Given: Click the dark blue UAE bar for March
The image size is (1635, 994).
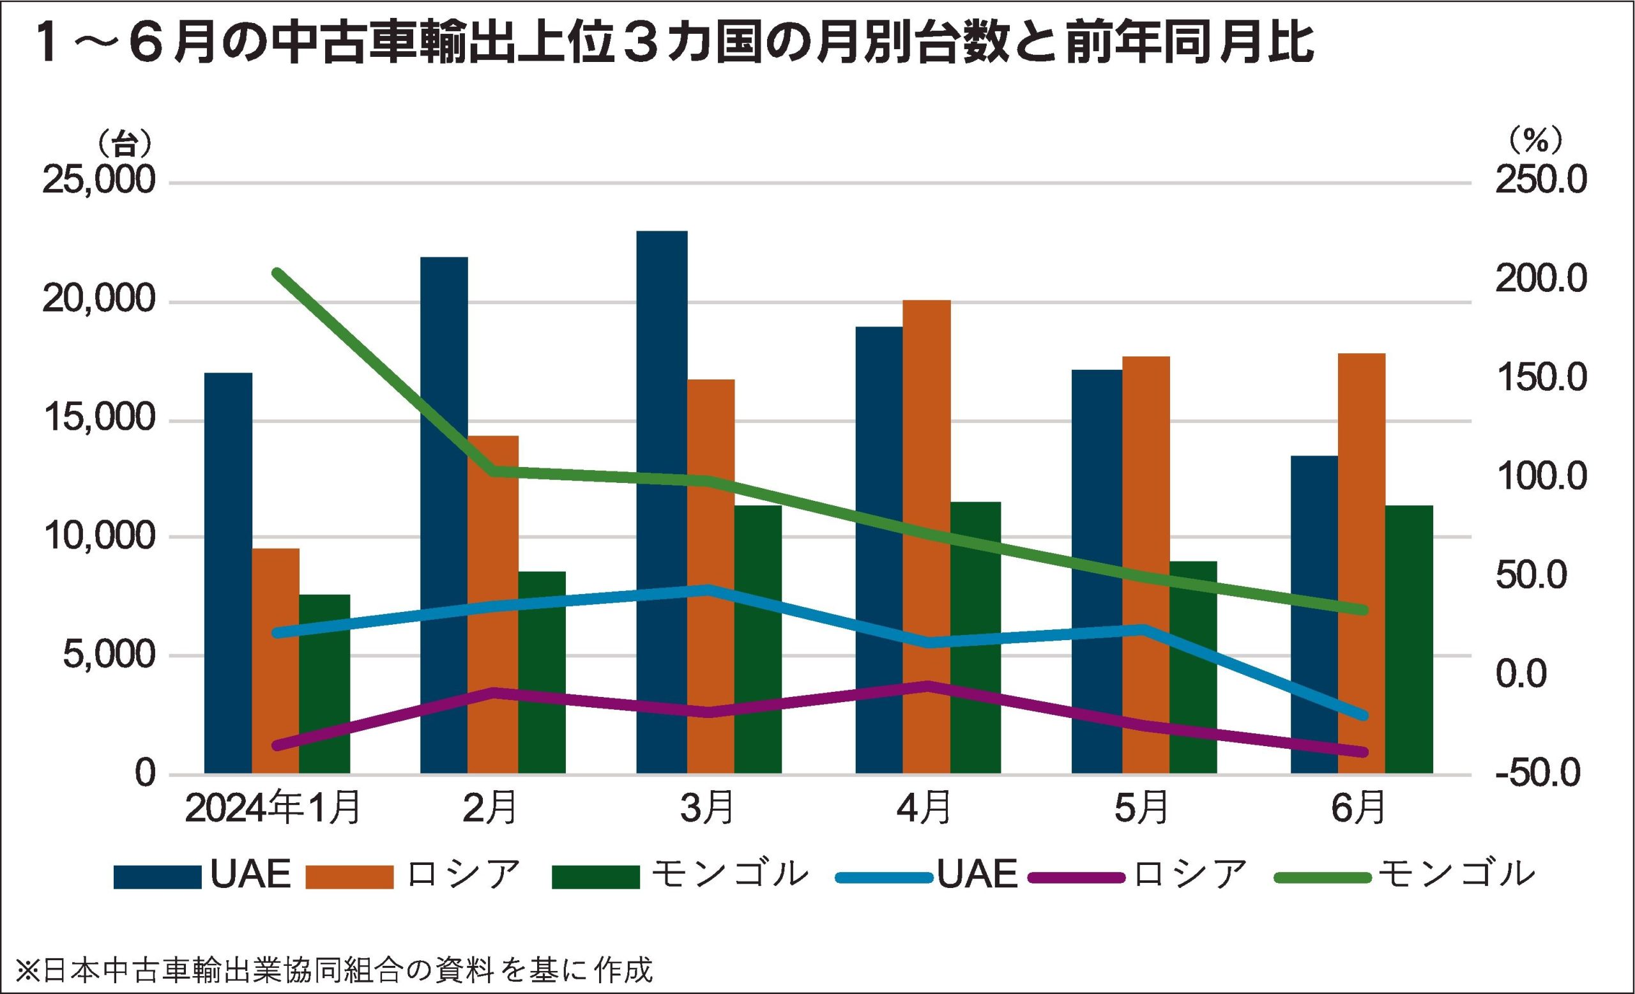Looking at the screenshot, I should coord(662,501).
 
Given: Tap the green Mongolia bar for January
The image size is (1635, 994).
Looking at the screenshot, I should coord(324,684).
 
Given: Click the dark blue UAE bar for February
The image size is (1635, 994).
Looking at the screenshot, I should coord(444,515).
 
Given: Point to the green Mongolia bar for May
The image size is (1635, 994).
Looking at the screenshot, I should coord(1193,667).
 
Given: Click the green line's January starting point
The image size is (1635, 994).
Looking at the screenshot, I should coord(277,272).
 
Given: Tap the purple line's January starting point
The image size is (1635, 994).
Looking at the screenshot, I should coord(277,745).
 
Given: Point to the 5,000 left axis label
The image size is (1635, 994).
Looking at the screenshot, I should coord(109,655).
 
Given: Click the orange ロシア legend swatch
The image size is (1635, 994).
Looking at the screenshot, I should coord(350,876).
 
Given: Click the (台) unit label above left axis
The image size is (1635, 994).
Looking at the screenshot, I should coord(125,142).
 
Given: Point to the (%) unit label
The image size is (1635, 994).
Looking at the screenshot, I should coord(1535,141).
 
